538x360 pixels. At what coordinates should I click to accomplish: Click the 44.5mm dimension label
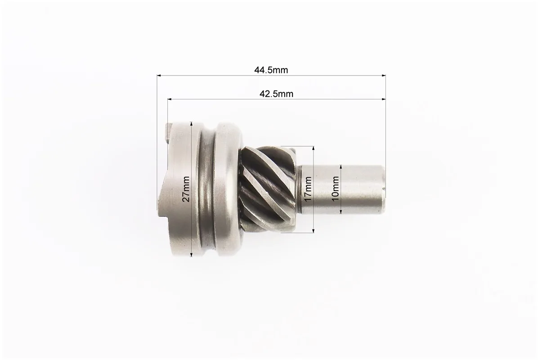pyautogui.click(x=271, y=70)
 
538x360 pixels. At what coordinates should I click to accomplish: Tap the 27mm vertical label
pyautogui.click(x=186, y=189)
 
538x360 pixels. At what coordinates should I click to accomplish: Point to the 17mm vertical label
pyautogui.click(x=308, y=189)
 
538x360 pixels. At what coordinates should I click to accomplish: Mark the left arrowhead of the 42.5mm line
pyautogui.click(x=170, y=99)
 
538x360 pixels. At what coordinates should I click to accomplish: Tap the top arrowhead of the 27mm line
pyautogui.click(x=192, y=124)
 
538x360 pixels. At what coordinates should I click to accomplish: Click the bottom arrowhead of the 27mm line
pyautogui.click(x=192, y=254)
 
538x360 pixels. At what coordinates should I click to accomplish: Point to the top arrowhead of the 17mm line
pyautogui.click(x=313, y=148)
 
